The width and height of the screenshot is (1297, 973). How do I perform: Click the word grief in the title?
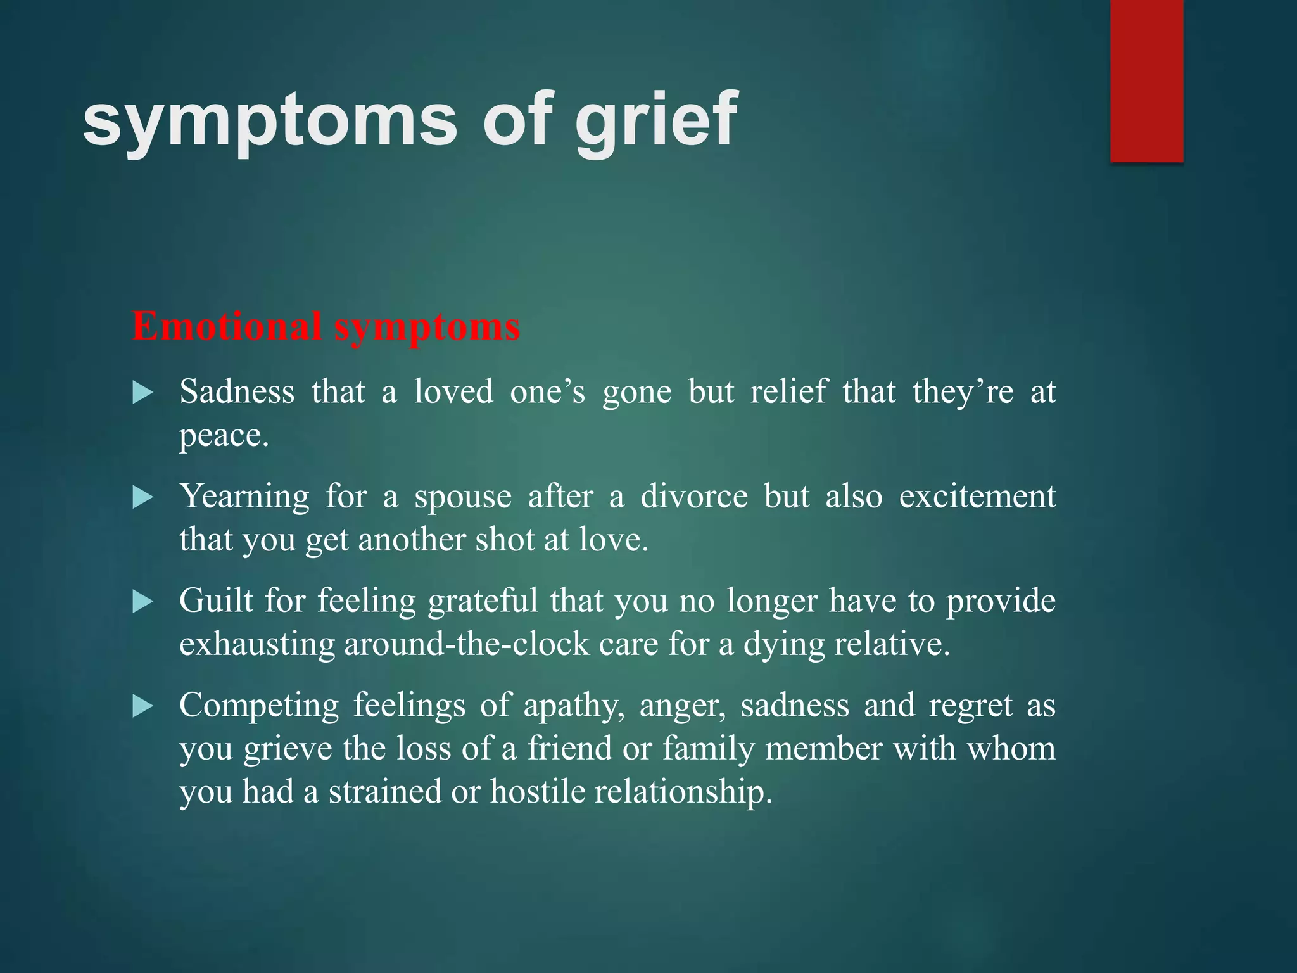pyautogui.click(x=656, y=120)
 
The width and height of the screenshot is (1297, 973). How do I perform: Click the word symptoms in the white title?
pyautogui.click(x=269, y=120)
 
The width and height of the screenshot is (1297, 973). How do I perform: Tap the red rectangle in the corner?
pyautogui.click(x=1146, y=81)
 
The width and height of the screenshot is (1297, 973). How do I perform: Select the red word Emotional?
pyautogui.click(x=226, y=327)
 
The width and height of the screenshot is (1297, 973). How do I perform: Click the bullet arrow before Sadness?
pyautogui.click(x=143, y=393)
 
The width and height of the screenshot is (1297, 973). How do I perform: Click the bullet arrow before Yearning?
pyautogui.click(x=143, y=498)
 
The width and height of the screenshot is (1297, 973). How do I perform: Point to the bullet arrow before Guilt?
pyautogui.click(x=143, y=602)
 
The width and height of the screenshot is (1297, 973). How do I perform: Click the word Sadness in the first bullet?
pyautogui.click(x=237, y=391)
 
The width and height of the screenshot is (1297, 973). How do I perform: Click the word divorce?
pyautogui.click(x=694, y=496)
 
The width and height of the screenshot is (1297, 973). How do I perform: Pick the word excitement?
pyautogui.click(x=977, y=496)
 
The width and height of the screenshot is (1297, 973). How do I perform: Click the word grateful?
pyautogui.click(x=483, y=601)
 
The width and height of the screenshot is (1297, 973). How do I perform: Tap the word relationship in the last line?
pyautogui.click(x=683, y=792)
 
